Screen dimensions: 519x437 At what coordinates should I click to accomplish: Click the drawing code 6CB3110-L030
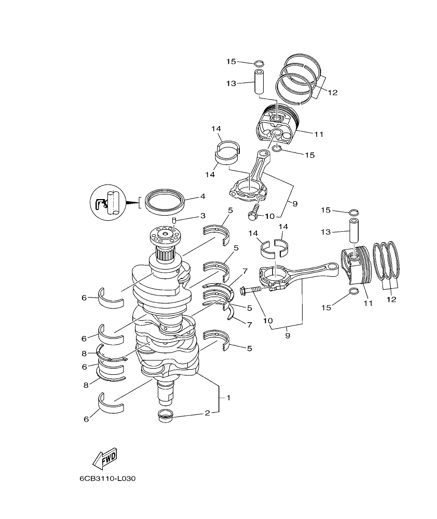tap(107, 479)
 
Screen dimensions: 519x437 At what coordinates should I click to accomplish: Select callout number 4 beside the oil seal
tap(203, 197)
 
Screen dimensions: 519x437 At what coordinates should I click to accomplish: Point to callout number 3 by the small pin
tap(203, 215)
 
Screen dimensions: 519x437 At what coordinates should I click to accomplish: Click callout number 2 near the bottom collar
tap(207, 413)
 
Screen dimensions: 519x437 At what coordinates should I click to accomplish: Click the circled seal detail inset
tap(109, 203)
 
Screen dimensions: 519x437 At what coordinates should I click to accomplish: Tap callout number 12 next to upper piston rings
tap(332, 93)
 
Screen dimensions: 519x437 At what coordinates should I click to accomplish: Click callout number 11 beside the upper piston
tap(319, 134)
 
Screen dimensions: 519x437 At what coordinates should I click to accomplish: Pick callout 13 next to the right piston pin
tap(325, 232)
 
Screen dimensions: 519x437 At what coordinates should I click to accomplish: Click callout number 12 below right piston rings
tap(391, 299)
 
